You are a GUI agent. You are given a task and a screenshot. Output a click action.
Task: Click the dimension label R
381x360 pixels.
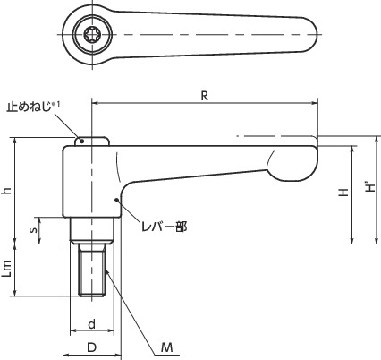[205, 96]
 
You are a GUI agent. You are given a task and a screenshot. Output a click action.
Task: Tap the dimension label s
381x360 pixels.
[34, 229]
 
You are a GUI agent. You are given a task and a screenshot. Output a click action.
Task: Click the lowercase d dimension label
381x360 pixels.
[92, 323]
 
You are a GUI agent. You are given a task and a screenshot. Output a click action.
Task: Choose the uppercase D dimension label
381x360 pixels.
[92, 347]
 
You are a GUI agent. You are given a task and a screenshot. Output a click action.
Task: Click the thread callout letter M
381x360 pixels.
[167, 347]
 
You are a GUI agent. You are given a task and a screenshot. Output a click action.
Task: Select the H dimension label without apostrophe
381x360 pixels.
[343, 193]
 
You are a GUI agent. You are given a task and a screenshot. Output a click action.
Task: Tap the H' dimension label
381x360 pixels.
[370, 187]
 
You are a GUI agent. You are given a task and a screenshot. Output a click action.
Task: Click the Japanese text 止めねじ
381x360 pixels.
[30, 107]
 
